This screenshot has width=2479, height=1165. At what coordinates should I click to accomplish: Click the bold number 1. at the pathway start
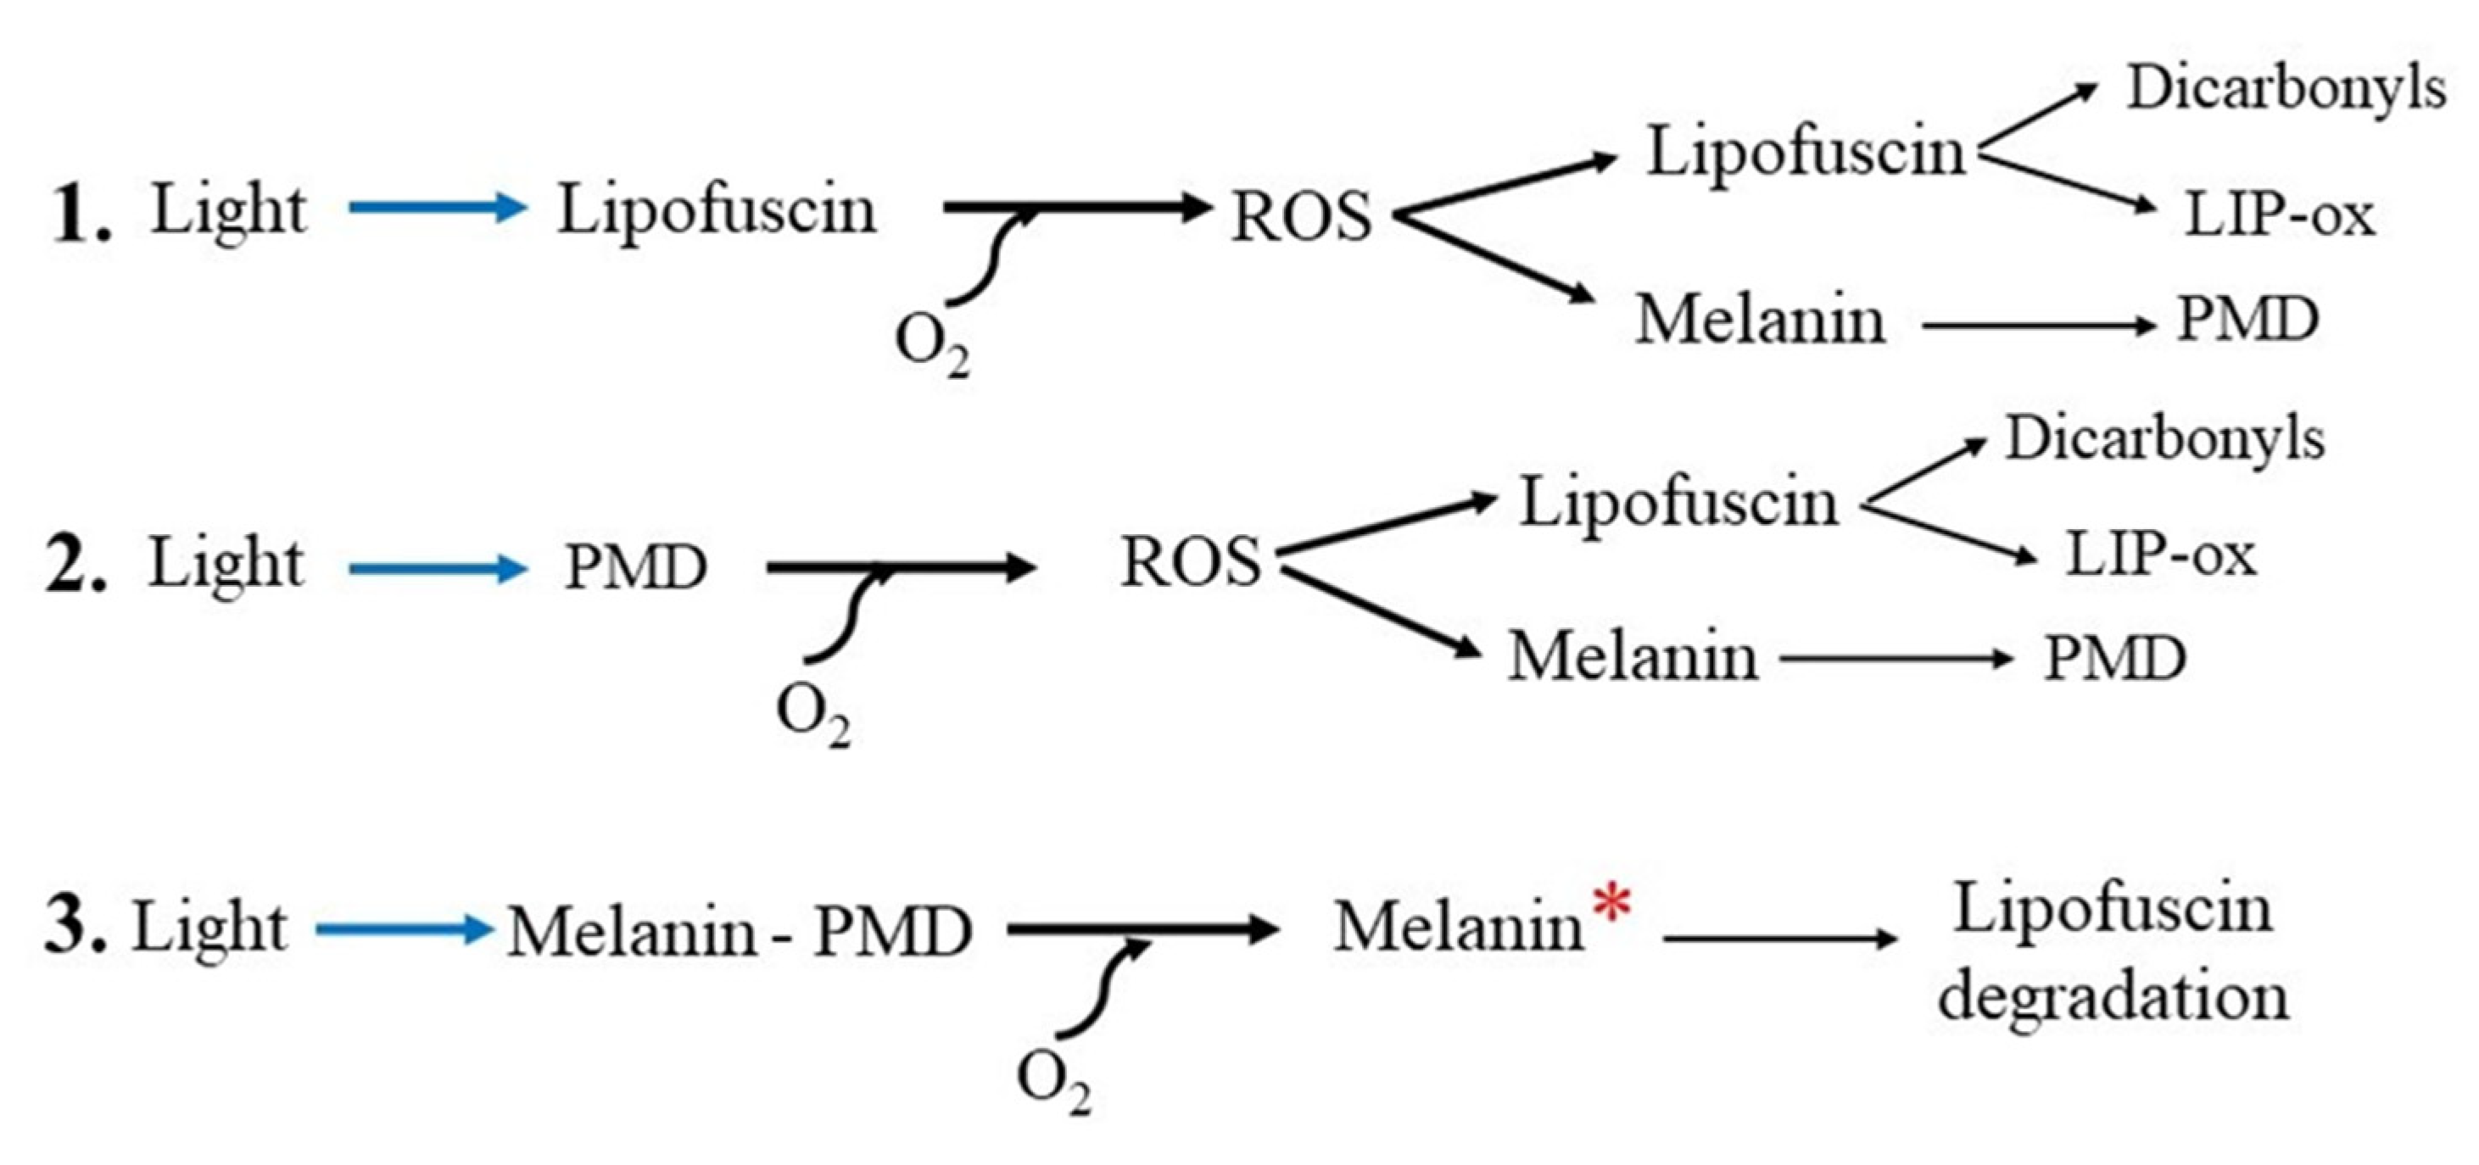pyautogui.click(x=81, y=214)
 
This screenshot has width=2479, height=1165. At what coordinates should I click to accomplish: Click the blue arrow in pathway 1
pyautogui.click(x=438, y=207)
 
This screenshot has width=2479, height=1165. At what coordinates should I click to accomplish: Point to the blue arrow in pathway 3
pyautogui.click(x=405, y=929)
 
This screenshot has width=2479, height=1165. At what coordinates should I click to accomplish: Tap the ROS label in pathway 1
pyautogui.click(x=1301, y=215)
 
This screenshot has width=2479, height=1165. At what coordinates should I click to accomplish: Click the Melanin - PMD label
pyautogui.click(x=739, y=931)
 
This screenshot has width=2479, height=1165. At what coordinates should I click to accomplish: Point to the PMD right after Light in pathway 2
pyautogui.click(x=636, y=566)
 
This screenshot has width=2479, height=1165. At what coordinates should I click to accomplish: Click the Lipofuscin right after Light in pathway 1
pyautogui.click(x=717, y=209)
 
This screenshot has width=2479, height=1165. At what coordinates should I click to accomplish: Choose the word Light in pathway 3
pyautogui.click(x=209, y=928)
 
